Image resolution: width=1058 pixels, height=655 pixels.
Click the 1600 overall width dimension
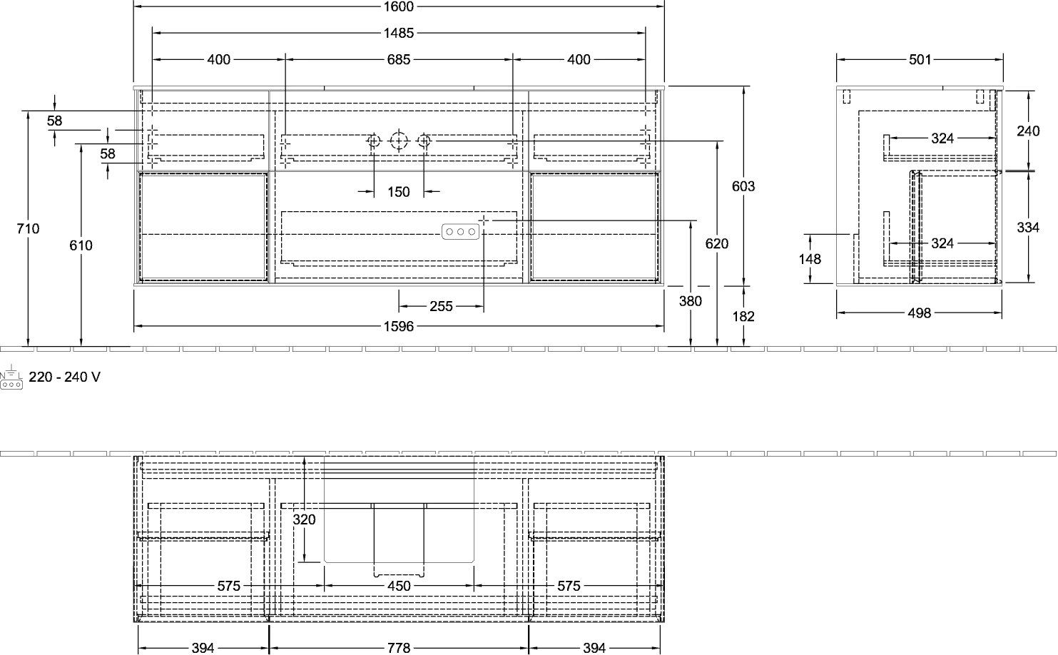(399, 6)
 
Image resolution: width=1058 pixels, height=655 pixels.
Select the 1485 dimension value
(399, 33)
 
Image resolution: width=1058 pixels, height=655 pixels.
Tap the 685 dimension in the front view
(399, 59)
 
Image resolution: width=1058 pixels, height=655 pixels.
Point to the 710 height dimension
(28, 228)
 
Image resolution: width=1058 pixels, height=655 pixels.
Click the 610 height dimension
(81, 245)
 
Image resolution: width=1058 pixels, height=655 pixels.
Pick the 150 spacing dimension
(399, 192)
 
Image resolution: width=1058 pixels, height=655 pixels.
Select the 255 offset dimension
(441, 307)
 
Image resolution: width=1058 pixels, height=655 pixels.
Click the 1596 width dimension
(399, 326)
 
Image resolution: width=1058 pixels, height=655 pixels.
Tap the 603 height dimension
(743, 186)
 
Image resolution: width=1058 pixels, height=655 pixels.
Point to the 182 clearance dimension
(743, 316)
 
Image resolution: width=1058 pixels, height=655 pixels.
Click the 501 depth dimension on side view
(920, 59)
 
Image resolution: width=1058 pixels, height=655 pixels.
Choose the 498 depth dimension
(919, 313)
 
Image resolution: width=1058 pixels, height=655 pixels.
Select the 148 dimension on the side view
(810, 259)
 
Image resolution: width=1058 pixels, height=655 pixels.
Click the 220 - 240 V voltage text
(65, 377)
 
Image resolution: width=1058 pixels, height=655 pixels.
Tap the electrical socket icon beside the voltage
(11, 377)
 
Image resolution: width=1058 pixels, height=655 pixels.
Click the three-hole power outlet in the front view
(461, 231)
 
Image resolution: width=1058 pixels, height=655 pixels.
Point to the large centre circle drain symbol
(399, 141)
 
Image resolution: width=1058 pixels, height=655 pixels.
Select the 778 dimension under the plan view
(399, 648)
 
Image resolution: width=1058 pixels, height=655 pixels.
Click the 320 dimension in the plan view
(304, 519)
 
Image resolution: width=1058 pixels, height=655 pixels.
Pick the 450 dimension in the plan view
(399, 586)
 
